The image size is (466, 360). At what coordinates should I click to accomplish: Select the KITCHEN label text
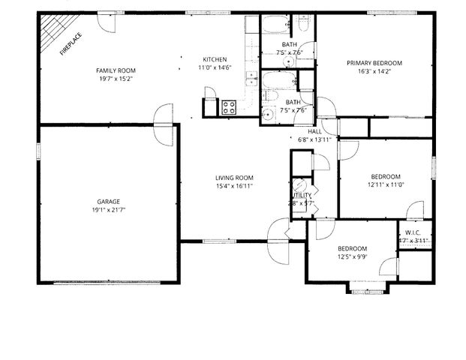215,60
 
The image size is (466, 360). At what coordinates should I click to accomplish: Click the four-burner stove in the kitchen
229,108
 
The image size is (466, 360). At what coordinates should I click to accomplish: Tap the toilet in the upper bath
303,25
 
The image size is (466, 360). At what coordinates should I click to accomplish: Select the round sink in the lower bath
267,114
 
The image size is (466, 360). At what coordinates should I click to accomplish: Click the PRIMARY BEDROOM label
374,64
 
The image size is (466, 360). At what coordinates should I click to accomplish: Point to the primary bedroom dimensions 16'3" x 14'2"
374,73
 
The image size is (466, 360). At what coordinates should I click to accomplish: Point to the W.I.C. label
413,232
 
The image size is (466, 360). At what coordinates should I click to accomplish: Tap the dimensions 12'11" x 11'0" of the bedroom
386,184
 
